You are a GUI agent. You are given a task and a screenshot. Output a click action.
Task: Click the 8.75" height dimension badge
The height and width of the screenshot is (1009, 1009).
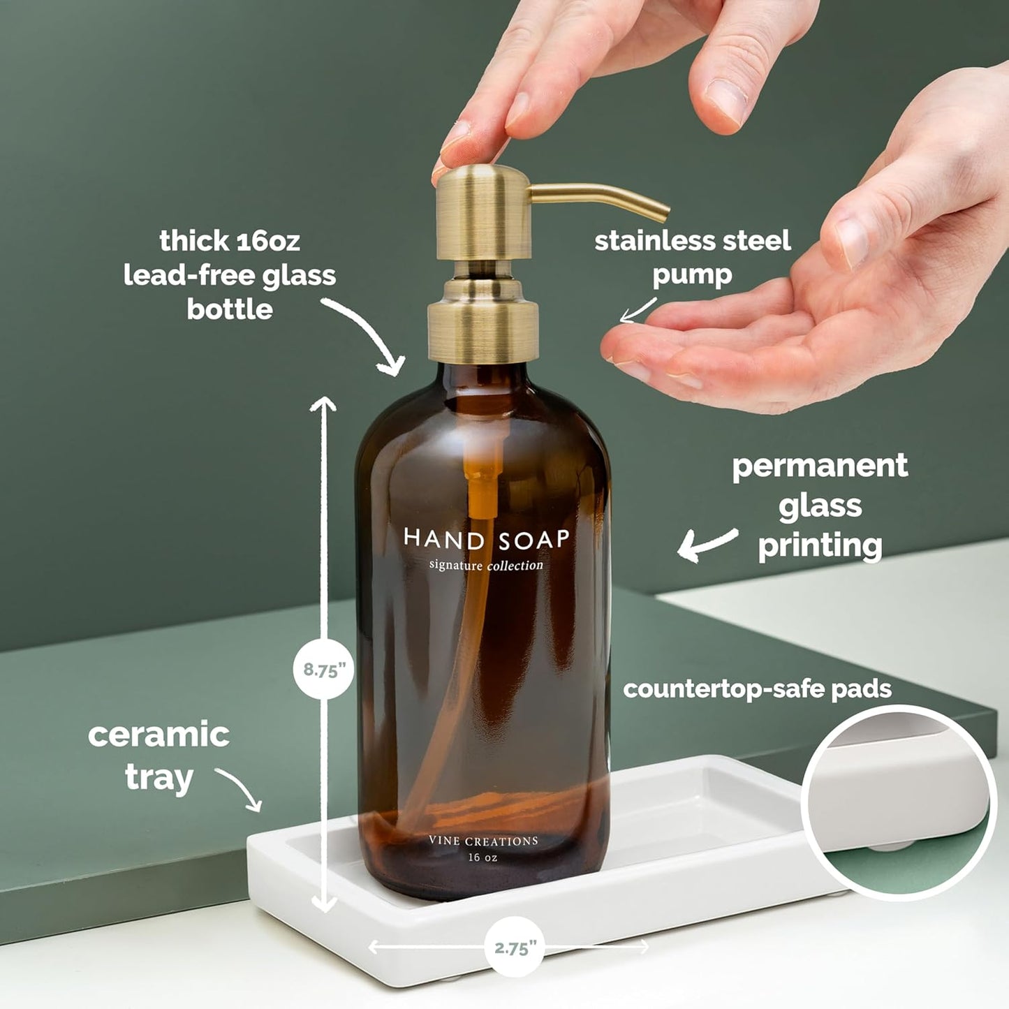[323, 670]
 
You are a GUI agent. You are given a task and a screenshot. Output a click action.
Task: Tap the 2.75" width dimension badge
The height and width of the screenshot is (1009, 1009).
[515, 947]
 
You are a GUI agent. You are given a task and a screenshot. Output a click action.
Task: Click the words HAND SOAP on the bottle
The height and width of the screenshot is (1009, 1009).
[487, 538]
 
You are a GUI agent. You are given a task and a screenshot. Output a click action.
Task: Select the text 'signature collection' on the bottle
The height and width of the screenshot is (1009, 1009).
[486, 565]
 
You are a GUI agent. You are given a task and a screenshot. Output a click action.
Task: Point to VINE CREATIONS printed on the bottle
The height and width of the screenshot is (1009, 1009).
[483, 841]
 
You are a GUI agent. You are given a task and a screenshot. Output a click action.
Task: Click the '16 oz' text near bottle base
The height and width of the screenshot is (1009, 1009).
[483, 857]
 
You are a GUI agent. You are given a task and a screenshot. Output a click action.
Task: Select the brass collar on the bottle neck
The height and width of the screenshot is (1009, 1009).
[483, 318]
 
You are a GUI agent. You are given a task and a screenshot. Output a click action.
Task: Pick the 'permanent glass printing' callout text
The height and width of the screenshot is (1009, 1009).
[820, 506]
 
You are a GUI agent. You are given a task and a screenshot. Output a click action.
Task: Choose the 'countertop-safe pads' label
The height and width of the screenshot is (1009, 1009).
[757, 689]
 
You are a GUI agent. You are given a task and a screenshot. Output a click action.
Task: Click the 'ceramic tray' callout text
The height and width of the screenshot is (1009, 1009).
[159, 756]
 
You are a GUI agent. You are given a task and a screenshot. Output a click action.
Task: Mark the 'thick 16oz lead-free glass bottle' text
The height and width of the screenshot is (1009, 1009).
[230, 275]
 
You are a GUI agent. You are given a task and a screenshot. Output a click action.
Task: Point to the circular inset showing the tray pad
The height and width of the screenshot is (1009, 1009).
[899, 802]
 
